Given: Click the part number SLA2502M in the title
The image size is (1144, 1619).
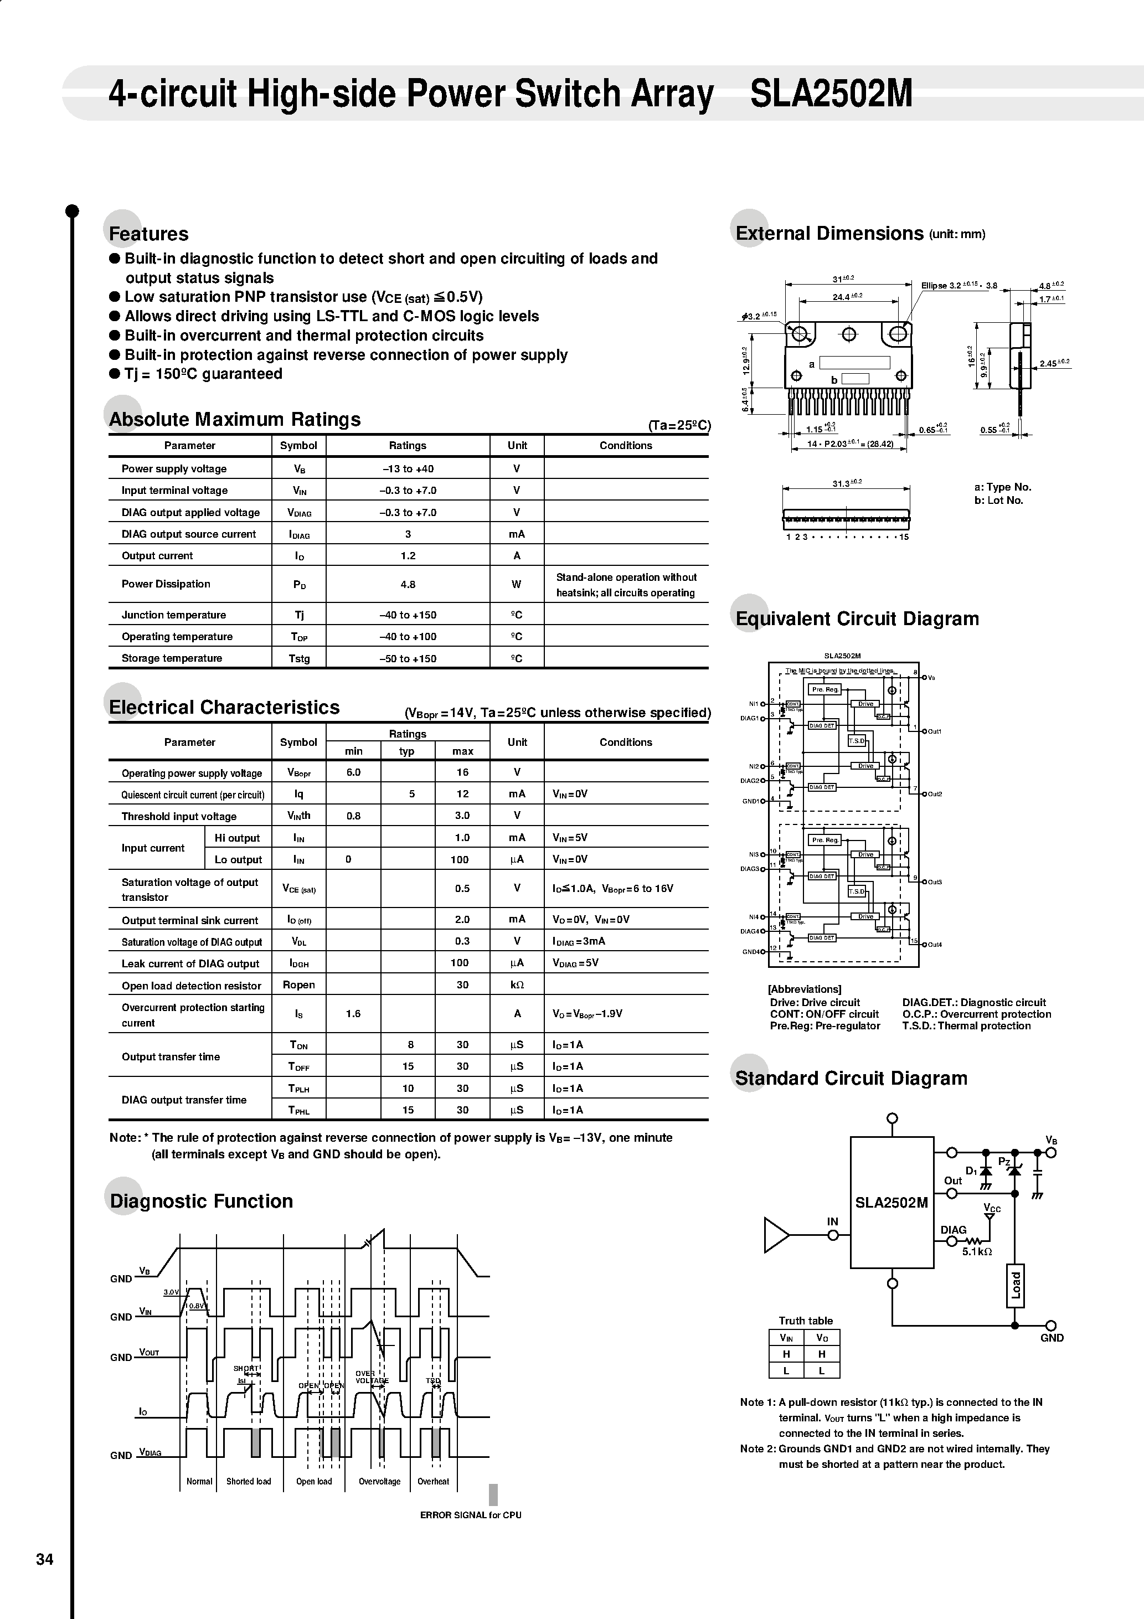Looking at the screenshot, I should (x=831, y=94).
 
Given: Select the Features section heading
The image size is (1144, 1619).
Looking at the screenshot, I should (x=149, y=234).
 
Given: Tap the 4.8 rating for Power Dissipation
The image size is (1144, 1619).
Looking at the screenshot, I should (x=408, y=585).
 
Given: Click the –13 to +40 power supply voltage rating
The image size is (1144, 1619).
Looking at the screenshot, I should (x=408, y=469).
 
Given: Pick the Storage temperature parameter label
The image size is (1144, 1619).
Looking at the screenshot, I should (x=172, y=658).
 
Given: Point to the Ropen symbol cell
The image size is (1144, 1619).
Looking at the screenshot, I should (x=298, y=985).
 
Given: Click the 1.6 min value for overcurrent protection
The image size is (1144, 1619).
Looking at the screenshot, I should (x=353, y=1014).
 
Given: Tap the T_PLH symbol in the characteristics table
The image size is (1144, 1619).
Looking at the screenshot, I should (x=298, y=1089).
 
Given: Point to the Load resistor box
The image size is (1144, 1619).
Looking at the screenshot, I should (x=1015, y=1285).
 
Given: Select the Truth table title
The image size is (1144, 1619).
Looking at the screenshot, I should (x=806, y=1321).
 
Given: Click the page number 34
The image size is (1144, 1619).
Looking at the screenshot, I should (x=44, y=1560).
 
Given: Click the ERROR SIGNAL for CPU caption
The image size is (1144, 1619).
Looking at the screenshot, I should (x=471, y=1515).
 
